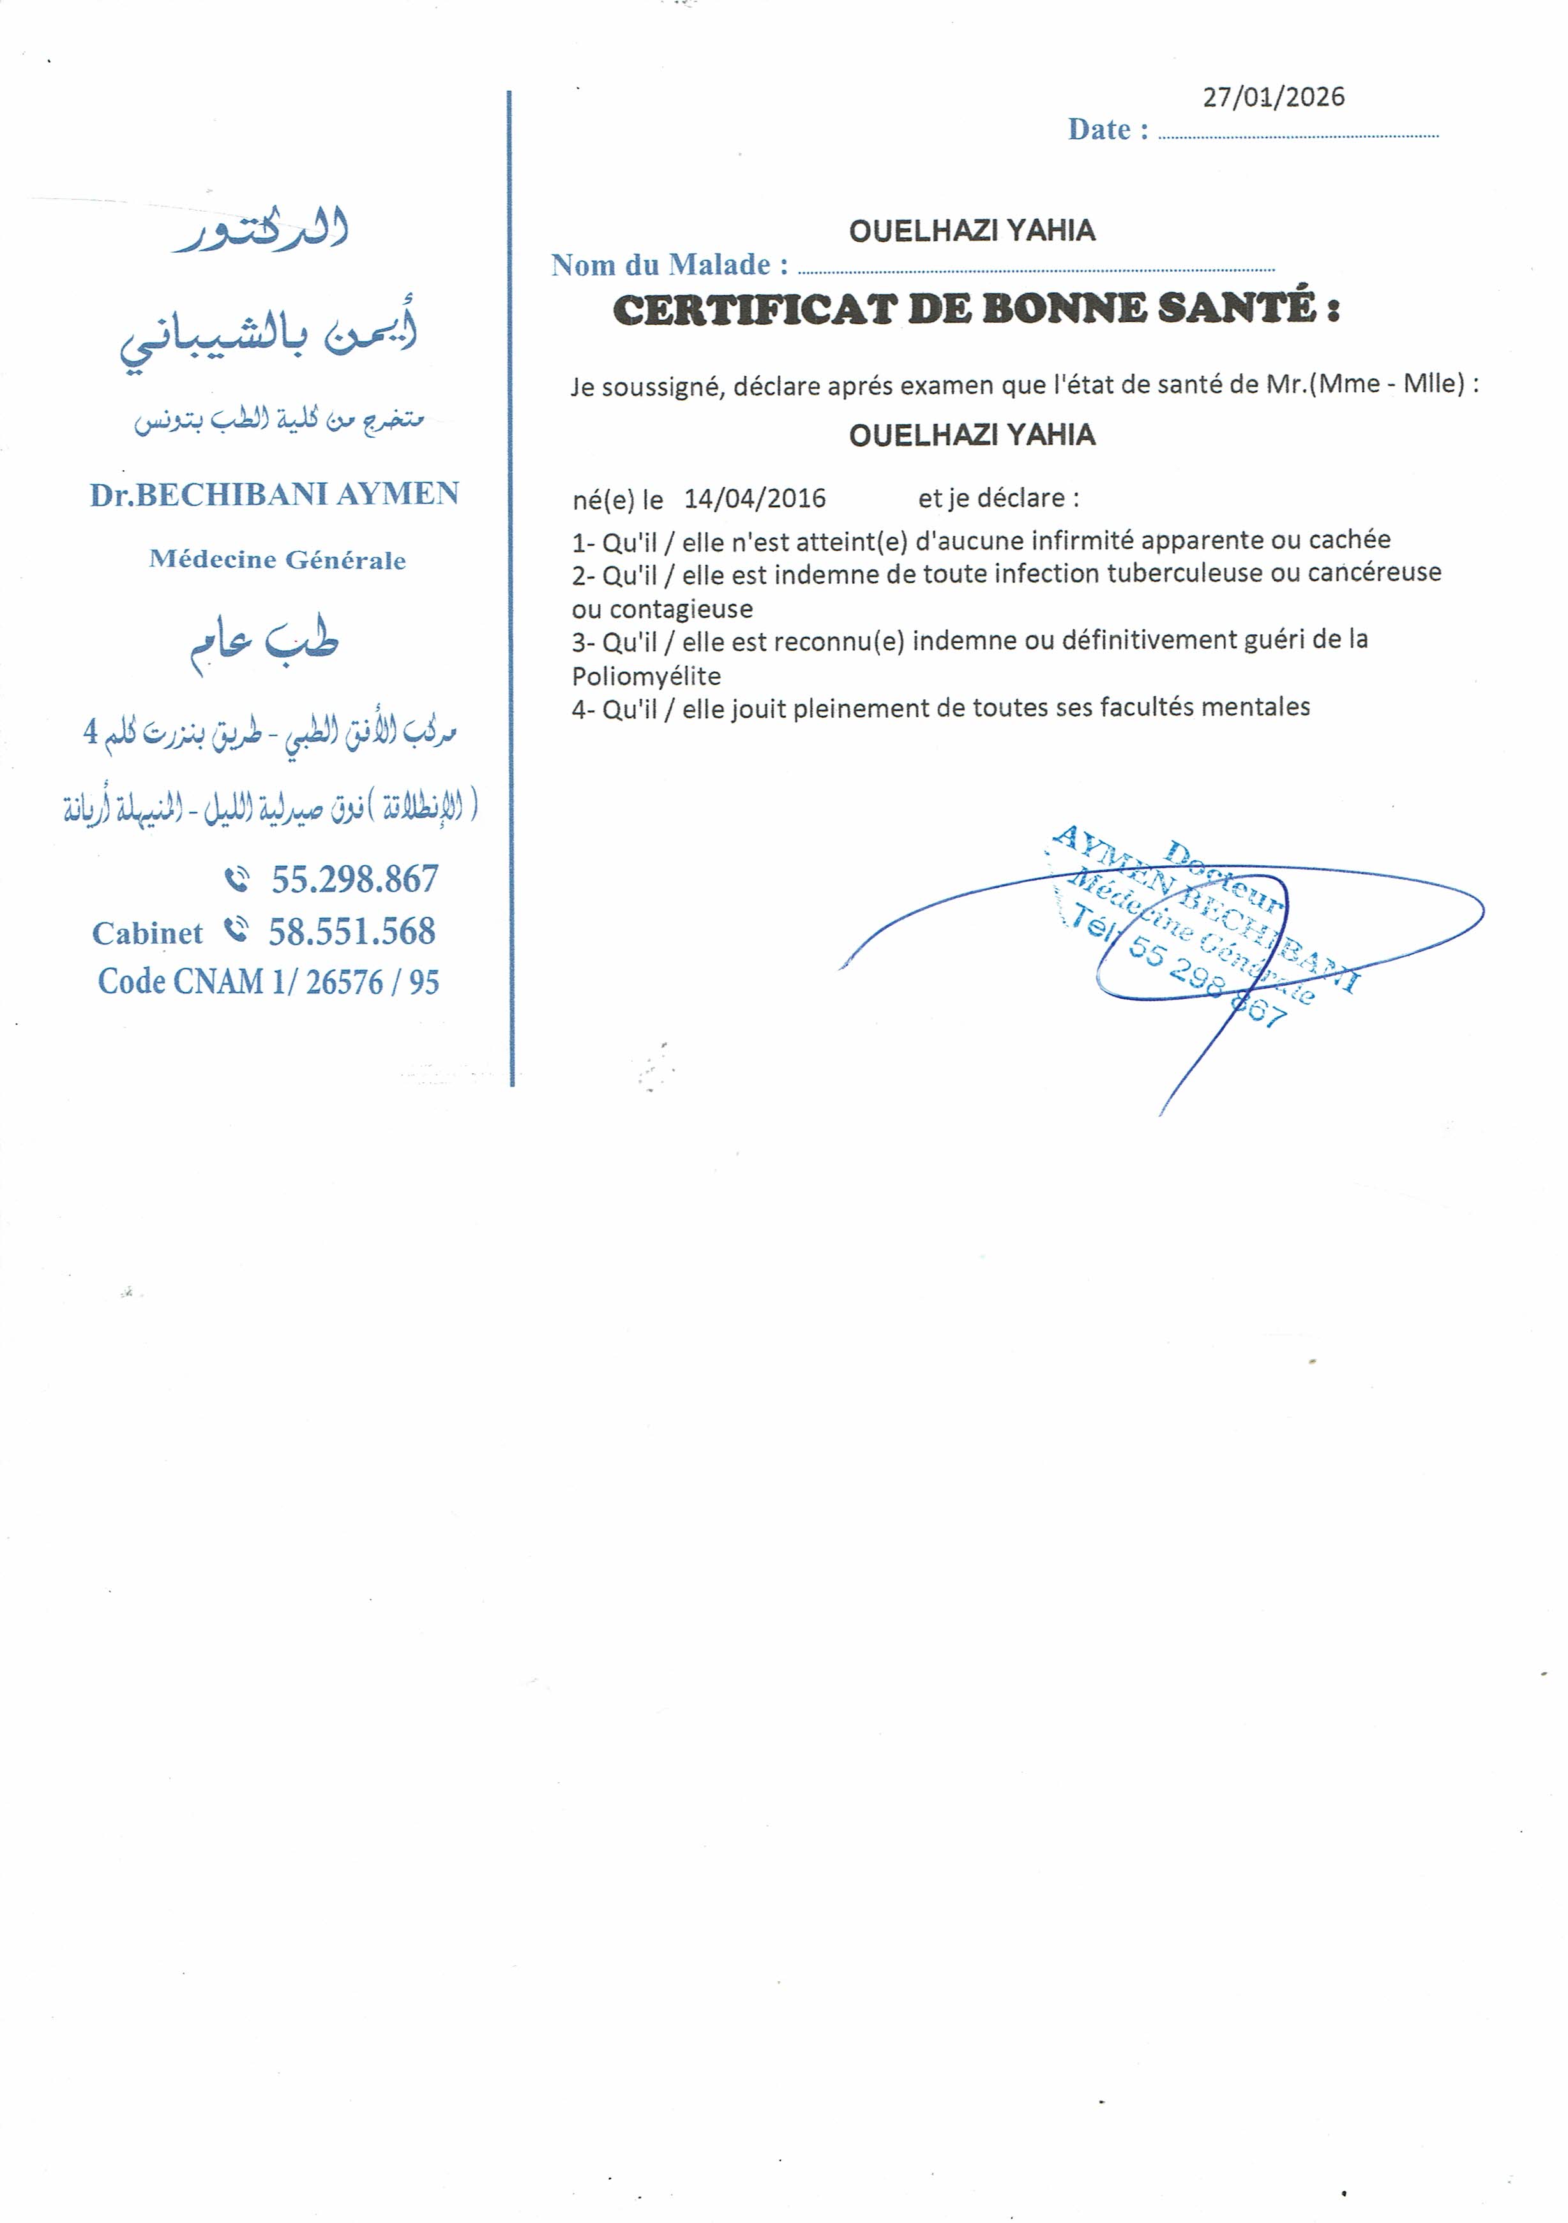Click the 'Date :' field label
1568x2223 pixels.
click(1108, 130)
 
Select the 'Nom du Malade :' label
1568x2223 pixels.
click(669, 264)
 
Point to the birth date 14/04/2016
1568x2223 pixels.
click(755, 498)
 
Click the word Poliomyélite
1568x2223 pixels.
click(646, 676)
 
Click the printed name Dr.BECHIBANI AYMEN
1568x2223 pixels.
click(275, 494)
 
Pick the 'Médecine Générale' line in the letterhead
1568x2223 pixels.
click(278, 560)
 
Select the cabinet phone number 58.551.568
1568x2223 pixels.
click(352, 932)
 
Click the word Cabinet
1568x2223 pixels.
click(147, 933)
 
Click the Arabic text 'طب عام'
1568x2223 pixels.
click(264, 641)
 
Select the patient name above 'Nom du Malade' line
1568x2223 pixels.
click(972, 230)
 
